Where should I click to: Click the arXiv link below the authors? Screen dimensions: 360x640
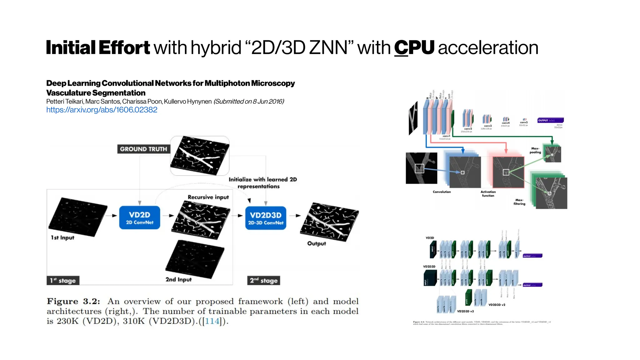click(102, 110)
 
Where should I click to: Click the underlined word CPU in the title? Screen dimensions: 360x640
click(414, 47)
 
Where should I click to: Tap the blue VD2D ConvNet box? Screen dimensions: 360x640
click(140, 217)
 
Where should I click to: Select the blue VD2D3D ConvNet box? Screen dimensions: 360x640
click(266, 218)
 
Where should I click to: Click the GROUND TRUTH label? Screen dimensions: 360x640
click(143, 149)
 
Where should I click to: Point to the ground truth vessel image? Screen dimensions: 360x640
click(200, 155)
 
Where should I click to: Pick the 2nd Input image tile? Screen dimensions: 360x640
click(195, 259)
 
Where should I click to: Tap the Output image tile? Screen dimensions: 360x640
click(329, 222)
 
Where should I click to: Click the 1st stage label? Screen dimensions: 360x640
click(63, 280)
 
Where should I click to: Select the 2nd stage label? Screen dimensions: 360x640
click(263, 280)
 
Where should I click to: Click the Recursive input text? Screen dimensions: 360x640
click(208, 197)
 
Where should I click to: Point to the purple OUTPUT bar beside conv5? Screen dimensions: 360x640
click(550, 120)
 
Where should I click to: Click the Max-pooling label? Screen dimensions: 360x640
click(535, 150)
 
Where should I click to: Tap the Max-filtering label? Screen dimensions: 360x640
click(519, 202)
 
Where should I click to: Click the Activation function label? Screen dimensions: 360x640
click(488, 194)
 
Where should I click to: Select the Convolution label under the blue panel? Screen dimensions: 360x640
click(442, 192)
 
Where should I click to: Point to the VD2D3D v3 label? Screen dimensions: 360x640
click(465, 311)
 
